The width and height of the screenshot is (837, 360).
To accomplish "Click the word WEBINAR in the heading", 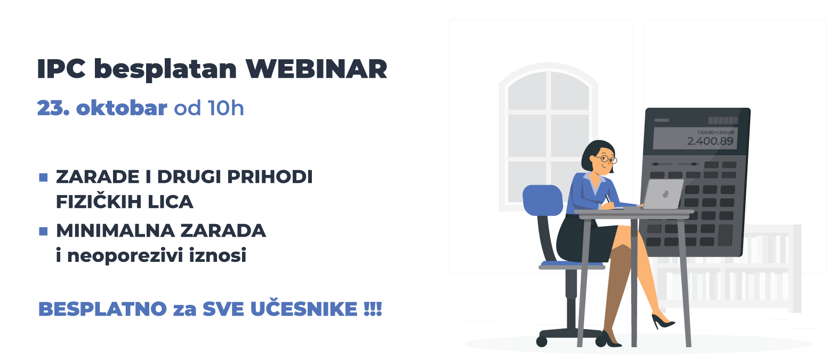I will point(316,69).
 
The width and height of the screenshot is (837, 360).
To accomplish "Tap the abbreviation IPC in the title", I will point(61,69).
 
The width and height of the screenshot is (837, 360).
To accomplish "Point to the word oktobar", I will point(122,108).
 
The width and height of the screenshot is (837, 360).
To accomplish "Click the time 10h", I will point(226,108).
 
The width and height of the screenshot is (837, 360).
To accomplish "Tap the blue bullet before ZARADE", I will point(44,177).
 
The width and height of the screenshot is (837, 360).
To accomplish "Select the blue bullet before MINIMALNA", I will point(44,231).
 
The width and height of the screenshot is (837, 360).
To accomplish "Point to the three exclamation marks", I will point(373,309).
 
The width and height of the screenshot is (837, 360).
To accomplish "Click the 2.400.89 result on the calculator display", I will point(710,141).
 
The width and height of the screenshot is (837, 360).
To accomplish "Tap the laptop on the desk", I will point(663,195).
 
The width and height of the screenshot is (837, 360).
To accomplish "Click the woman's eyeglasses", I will point(607,158).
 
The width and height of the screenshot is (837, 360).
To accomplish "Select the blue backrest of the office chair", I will point(542,200).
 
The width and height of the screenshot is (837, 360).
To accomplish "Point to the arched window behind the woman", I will point(548,133).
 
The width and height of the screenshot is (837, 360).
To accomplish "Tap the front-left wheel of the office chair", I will point(542,341).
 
